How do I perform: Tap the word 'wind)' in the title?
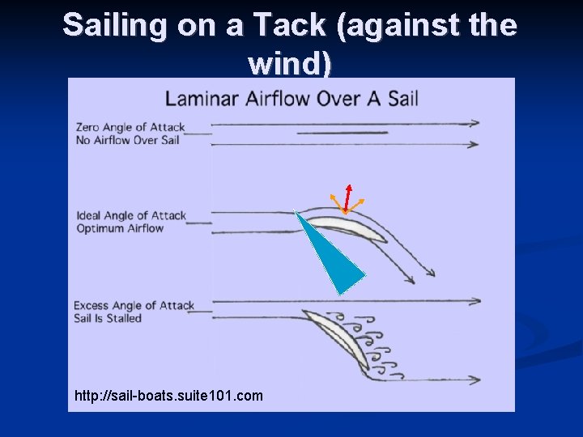[x=291, y=63]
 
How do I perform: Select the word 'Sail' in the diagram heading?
[x=402, y=99]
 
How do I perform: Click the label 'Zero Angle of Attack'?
[x=130, y=127]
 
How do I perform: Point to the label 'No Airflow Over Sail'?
[x=127, y=140]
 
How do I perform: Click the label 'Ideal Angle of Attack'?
[x=131, y=215]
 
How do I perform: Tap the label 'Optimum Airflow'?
[x=120, y=228]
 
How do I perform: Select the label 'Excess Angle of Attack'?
[x=134, y=305]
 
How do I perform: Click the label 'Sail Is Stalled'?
[x=108, y=318]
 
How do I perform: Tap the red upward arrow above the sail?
[x=347, y=197]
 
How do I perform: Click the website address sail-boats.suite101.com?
[x=168, y=396]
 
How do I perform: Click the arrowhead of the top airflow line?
[x=474, y=123]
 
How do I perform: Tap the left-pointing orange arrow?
[x=335, y=202]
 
